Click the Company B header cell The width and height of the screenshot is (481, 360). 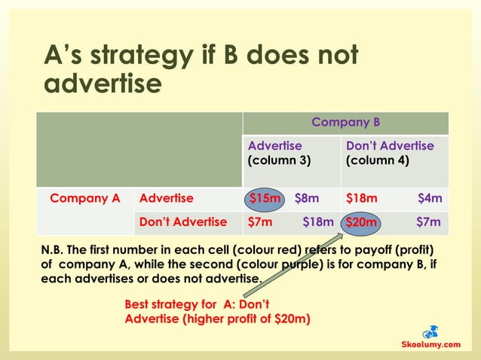[x=345, y=122]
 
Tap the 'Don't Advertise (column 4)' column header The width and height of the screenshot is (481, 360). [x=389, y=153]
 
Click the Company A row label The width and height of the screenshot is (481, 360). [x=84, y=198]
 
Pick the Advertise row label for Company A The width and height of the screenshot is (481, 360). [x=166, y=198]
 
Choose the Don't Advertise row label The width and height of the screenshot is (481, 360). [x=182, y=221]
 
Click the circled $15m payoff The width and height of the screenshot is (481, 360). [x=265, y=198]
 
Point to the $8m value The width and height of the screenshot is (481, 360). [x=306, y=198]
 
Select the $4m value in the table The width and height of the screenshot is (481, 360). [x=430, y=198]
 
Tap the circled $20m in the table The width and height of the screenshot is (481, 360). [x=361, y=222]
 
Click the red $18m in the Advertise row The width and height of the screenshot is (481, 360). [x=361, y=198]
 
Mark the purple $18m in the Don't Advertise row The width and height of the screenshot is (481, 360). [x=317, y=221]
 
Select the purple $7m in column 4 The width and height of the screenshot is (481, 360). [x=428, y=221]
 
